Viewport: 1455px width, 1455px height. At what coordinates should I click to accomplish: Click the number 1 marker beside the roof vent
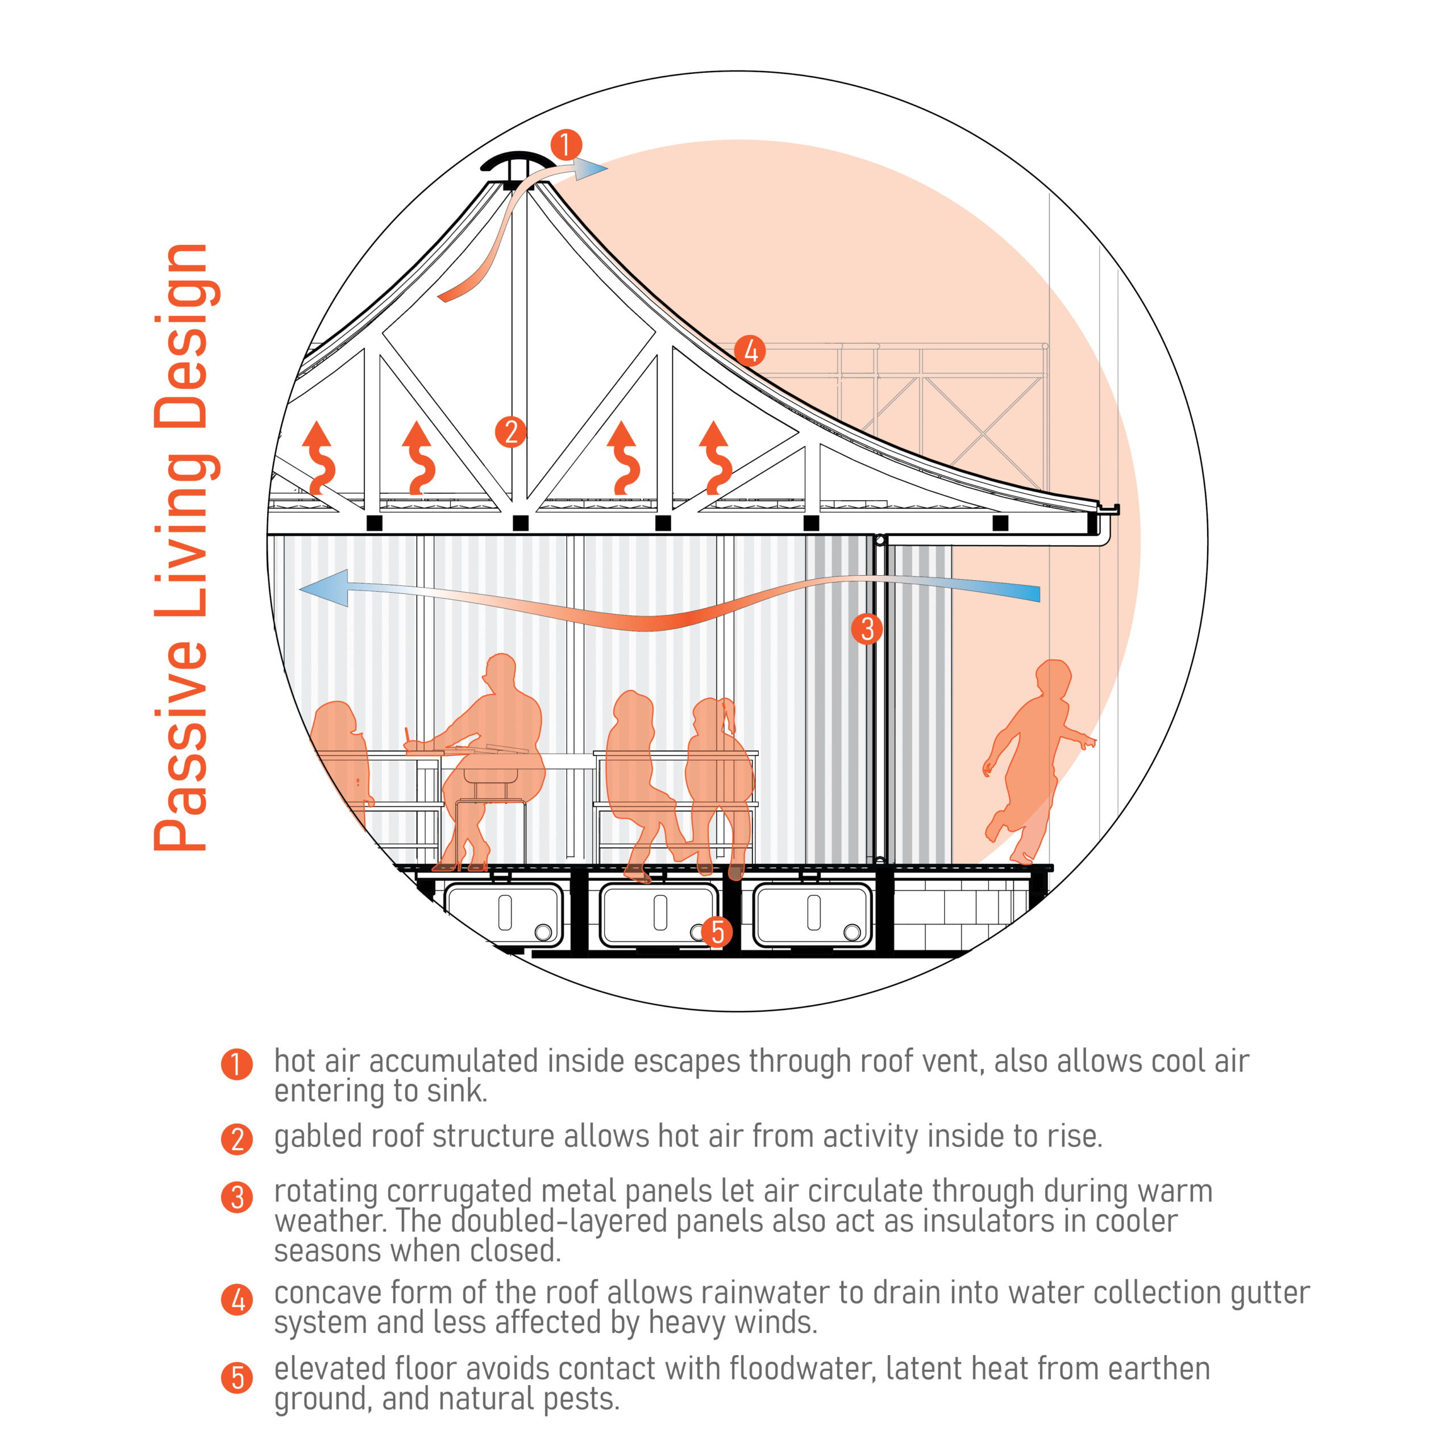tap(566, 144)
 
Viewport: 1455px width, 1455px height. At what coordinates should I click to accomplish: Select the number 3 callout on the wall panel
tap(867, 628)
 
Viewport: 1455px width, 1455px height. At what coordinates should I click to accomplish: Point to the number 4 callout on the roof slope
tap(750, 351)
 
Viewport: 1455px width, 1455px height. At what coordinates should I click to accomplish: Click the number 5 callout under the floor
tap(717, 932)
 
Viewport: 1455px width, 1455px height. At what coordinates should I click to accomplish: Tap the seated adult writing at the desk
tap(497, 753)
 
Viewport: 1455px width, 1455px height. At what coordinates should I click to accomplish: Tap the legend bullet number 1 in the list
tap(236, 1064)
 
